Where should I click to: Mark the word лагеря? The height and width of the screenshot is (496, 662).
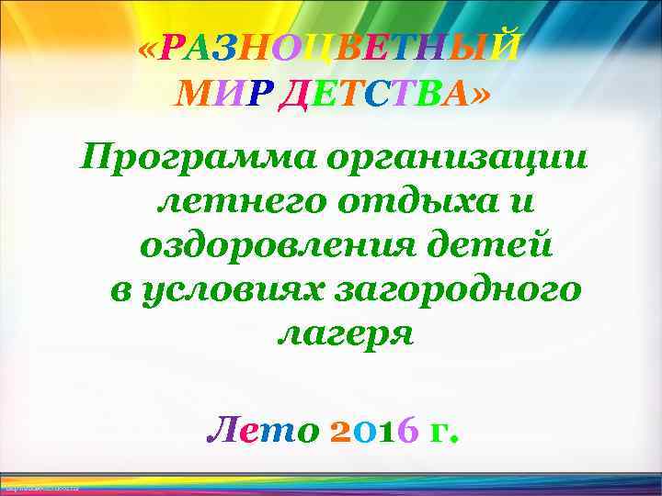pos(345,333)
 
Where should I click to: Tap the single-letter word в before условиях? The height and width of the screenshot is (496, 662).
pos(119,290)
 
